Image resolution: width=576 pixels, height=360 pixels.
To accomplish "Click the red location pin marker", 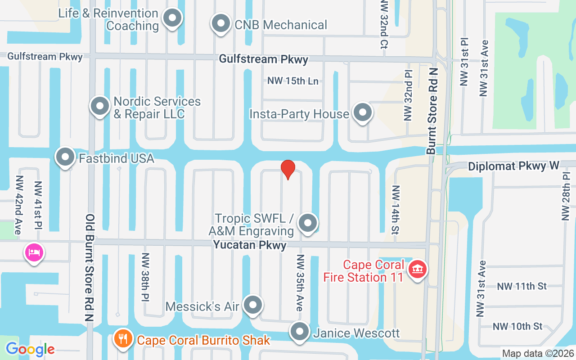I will click(288, 169).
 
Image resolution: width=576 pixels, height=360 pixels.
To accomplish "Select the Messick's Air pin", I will click(253, 305).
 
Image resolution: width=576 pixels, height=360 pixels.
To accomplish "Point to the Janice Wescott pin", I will click(300, 332).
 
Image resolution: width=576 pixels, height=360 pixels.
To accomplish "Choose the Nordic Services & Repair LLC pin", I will click(100, 106).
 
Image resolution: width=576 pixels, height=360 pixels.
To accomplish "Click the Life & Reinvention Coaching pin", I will click(172, 18).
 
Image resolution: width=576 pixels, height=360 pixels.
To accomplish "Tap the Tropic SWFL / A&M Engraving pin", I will click(308, 223).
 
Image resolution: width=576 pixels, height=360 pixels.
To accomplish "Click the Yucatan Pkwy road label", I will click(250, 245).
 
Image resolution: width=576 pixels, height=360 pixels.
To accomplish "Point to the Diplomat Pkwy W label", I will click(513, 166).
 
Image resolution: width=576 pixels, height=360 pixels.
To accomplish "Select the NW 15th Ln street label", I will click(293, 81).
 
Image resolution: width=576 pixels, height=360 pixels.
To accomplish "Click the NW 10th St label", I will click(517, 326).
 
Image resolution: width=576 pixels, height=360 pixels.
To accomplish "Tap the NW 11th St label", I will click(522, 286).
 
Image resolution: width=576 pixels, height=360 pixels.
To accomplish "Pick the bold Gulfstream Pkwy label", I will click(264, 59).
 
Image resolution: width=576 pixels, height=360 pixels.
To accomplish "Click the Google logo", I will click(30, 349).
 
